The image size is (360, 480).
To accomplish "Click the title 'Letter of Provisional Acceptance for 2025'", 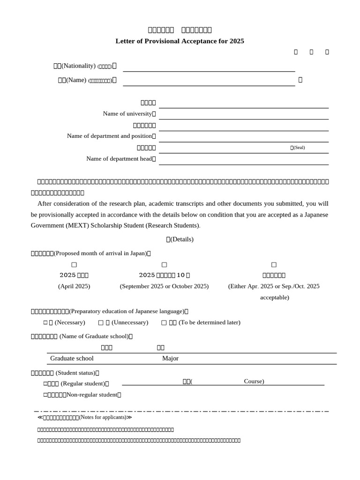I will tap(180, 41).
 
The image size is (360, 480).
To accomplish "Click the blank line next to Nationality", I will tap(209, 68).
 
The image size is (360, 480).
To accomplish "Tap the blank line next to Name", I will tap(209, 82).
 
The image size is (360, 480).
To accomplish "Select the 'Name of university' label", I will tap(127, 113).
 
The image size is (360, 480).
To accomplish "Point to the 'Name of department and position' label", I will tap(110, 136).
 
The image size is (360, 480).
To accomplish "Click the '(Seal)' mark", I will tap(298, 148).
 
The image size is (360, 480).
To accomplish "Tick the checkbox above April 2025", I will tap(74, 265).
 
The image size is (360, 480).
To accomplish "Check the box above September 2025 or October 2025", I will tap(164, 265).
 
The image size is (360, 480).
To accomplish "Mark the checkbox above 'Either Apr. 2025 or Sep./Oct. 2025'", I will tap(274, 265).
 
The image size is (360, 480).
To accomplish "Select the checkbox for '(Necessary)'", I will tap(45, 322).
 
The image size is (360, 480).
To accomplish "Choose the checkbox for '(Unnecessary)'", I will tap(101, 322).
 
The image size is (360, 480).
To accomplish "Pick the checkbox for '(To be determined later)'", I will tap(164, 322).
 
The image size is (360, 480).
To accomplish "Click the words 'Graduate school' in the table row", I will tap(72, 359).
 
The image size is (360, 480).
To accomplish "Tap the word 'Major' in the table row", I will tap(170, 359).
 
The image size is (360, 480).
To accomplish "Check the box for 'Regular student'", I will tap(45, 383).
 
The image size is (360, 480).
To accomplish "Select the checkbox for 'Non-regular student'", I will tap(45, 395).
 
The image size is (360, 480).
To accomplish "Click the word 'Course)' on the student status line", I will tap(254, 381).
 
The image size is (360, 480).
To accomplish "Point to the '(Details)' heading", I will tap(180, 239).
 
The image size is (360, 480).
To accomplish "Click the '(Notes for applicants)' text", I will tap(103, 417).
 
